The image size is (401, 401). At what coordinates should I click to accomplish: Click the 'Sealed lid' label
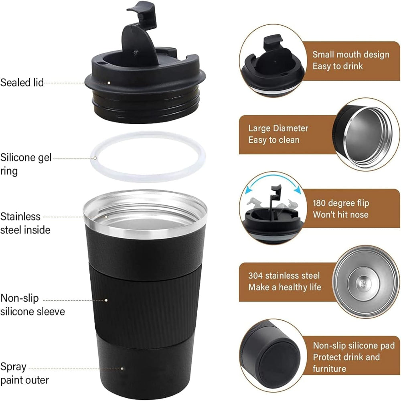pyautogui.click(x=22, y=83)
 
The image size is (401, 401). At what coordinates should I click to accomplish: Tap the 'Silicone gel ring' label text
pyautogui.click(x=26, y=164)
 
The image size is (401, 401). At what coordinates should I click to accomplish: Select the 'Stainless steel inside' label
pyautogui.click(x=25, y=223)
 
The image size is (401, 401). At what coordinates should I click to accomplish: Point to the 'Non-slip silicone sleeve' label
pyautogui.click(x=32, y=305)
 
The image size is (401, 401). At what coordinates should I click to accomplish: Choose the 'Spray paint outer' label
pyautogui.click(x=24, y=373)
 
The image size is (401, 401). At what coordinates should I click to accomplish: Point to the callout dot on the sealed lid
pyautogui.click(x=109, y=83)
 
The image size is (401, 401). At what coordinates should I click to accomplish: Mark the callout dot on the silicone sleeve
pyautogui.click(x=106, y=300)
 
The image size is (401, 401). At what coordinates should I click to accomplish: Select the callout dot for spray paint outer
pyautogui.click(x=122, y=369)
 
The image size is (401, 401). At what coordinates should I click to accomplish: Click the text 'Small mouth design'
pyautogui.click(x=351, y=55)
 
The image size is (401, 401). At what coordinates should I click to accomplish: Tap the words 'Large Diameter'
pyautogui.click(x=278, y=128)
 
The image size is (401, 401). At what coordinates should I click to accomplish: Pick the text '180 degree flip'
pyautogui.click(x=341, y=203)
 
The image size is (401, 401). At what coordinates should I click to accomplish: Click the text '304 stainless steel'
pyautogui.click(x=284, y=275)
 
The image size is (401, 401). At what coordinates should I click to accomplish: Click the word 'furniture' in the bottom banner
pyautogui.click(x=329, y=369)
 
